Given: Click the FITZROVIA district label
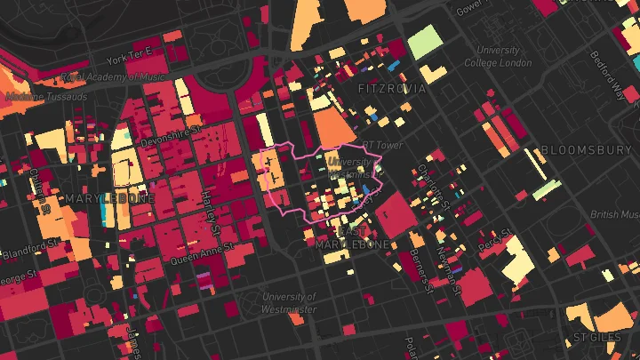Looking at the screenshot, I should point(391,89).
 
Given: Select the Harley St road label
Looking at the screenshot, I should point(211,208).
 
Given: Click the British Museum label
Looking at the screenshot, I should point(615,214).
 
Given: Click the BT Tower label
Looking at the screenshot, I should point(381,145).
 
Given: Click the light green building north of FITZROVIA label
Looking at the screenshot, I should point(425,41).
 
